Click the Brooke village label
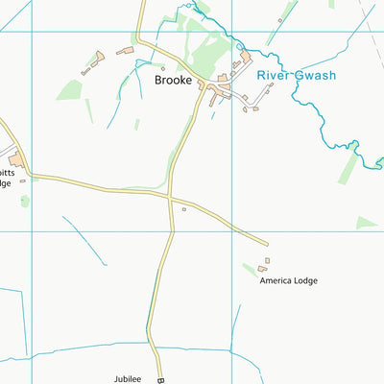pyautogui.click(x=174, y=81)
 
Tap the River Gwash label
pyautogui.click(x=295, y=75)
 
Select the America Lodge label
pyautogui.click(x=288, y=280)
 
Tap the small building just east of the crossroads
pyautogui.click(x=183, y=209)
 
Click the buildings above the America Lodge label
pyautogui.click(x=264, y=265)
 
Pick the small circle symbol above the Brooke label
pyautogui.click(x=163, y=68)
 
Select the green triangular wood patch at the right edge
pyautogui.click(x=366, y=223)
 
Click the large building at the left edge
pyautogui.click(x=16, y=160)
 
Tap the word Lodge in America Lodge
pyautogui.click(x=303, y=280)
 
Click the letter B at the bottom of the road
pyautogui.click(x=161, y=380)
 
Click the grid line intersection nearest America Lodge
pyautogui.click(x=232, y=230)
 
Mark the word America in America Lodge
pyautogui.click(x=276, y=280)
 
